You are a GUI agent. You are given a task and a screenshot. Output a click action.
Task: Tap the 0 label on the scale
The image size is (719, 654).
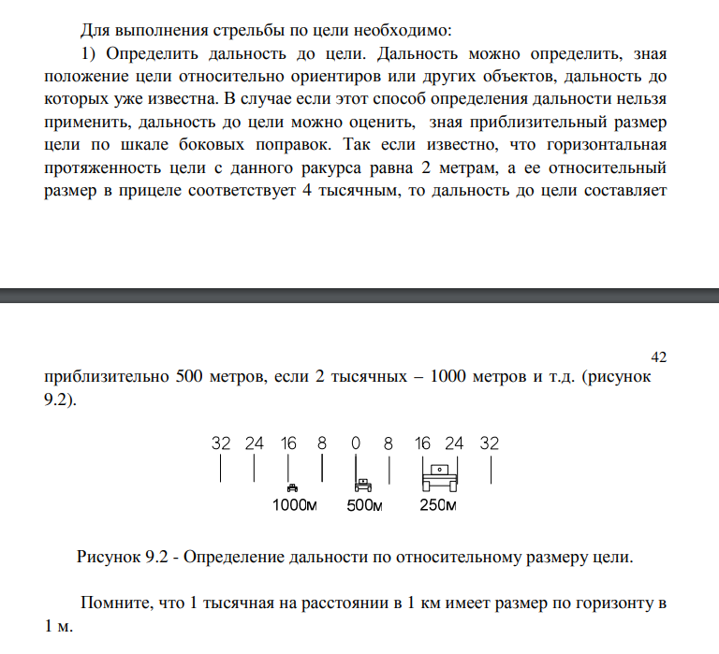click(355, 443)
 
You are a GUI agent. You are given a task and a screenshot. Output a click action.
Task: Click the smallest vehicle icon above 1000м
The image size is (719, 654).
click(293, 487)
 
